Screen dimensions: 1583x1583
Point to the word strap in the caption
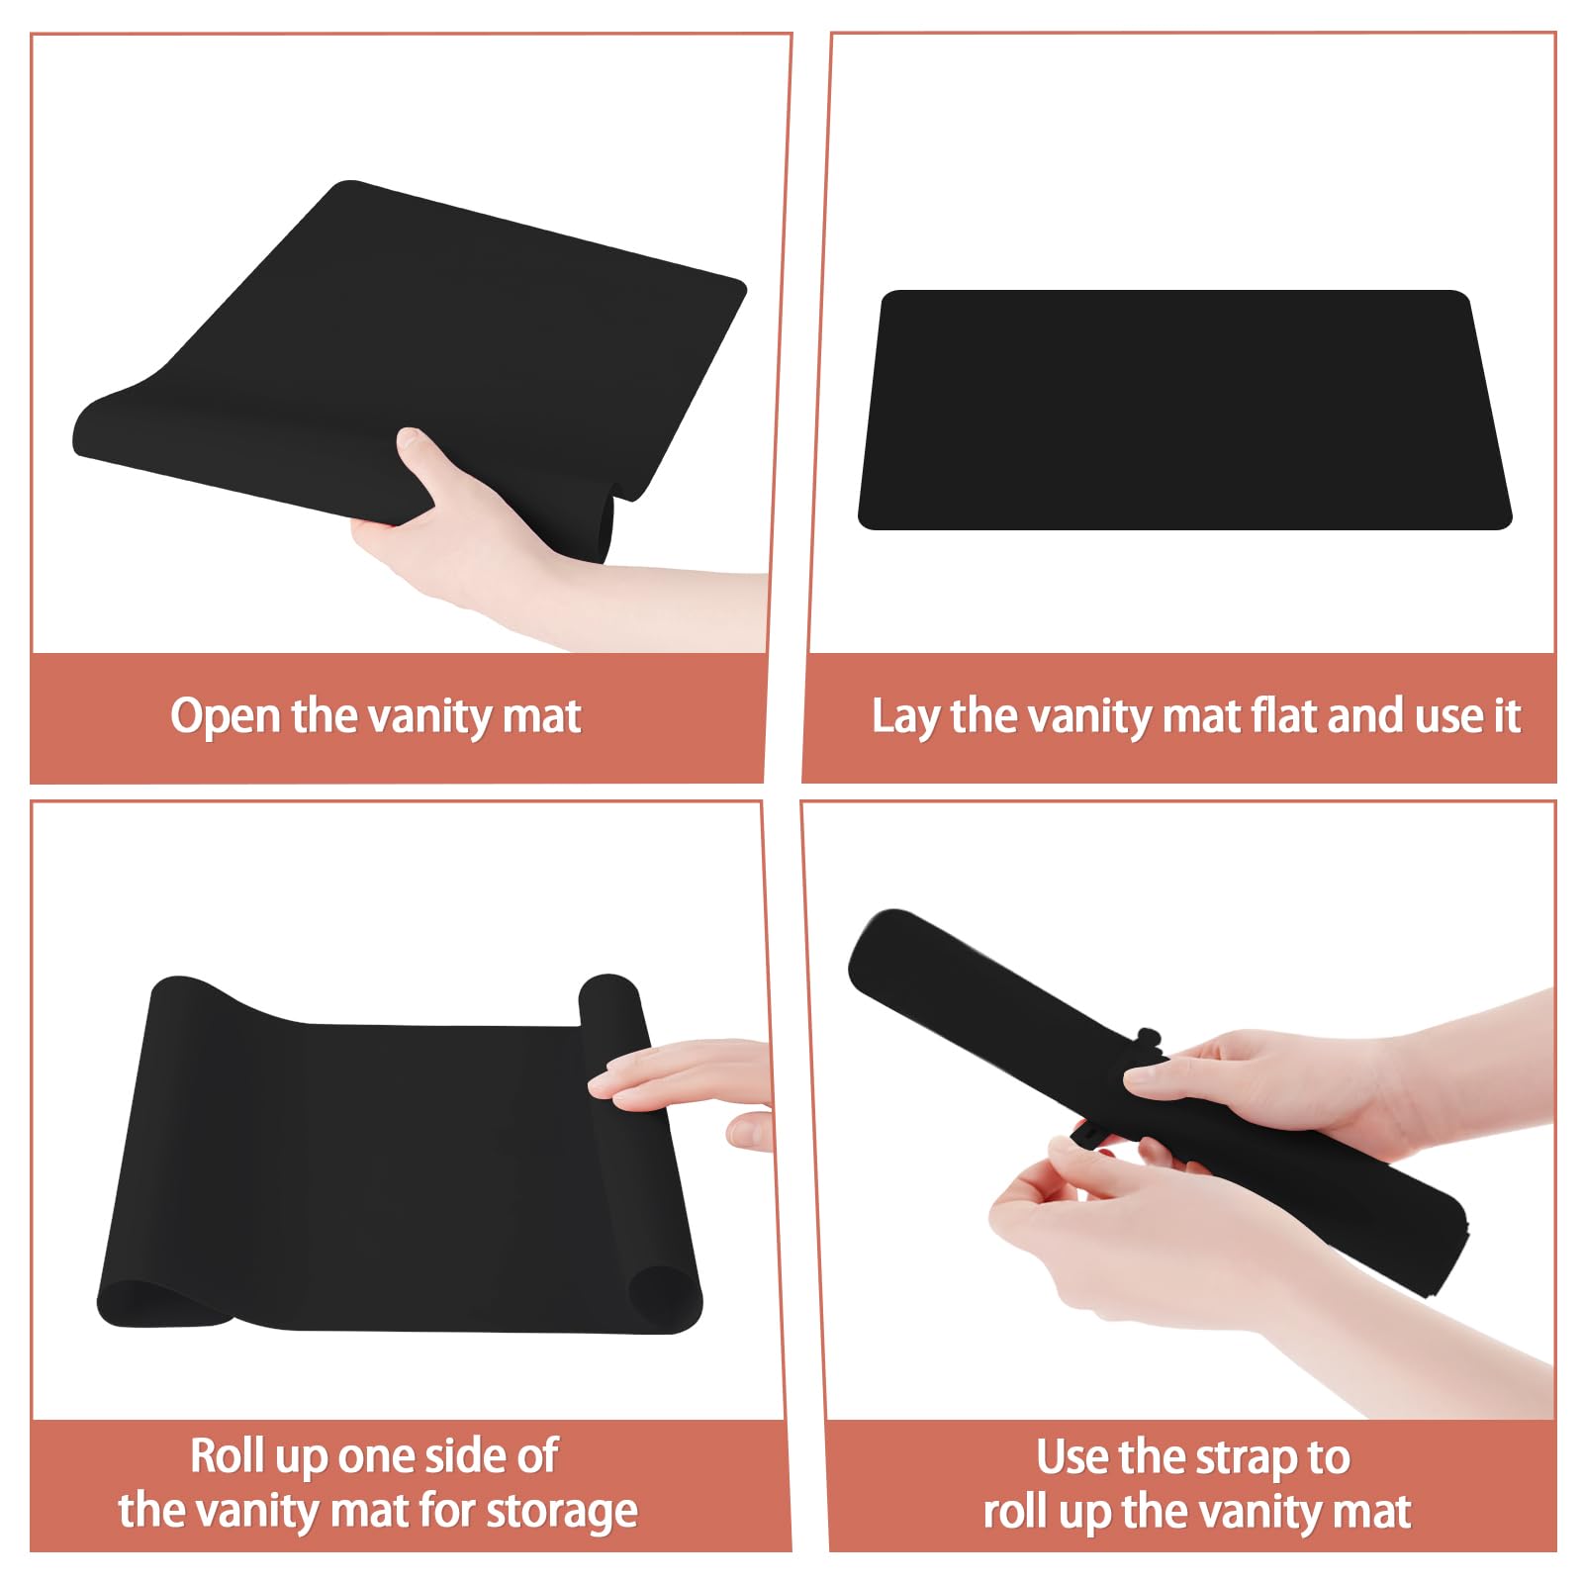(1247, 1458)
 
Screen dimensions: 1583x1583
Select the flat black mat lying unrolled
(1184, 410)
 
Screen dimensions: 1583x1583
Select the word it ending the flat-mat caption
(1507, 714)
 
